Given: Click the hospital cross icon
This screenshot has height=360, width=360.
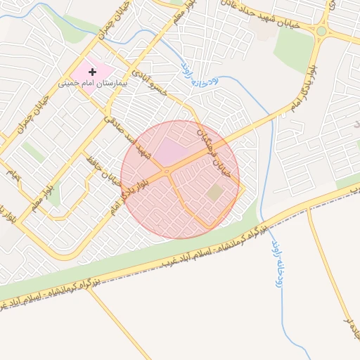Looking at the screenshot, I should click(x=92, y=72).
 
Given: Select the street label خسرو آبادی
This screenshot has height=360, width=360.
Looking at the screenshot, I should click(x=152, y=82).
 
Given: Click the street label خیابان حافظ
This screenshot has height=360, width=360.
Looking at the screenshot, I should click(x=102, y=168).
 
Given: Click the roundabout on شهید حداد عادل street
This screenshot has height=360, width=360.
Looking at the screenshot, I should click(x=321, y=30).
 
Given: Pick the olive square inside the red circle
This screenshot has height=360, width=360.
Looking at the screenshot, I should click(x=215, y=192).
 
